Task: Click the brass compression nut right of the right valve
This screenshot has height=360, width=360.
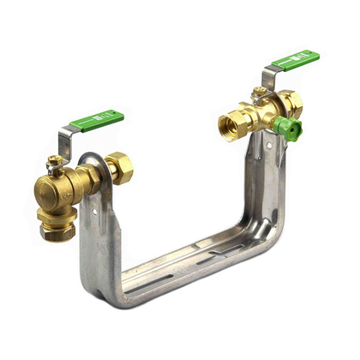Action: (291, 102)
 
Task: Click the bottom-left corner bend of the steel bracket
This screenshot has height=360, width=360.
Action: (107, 291)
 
